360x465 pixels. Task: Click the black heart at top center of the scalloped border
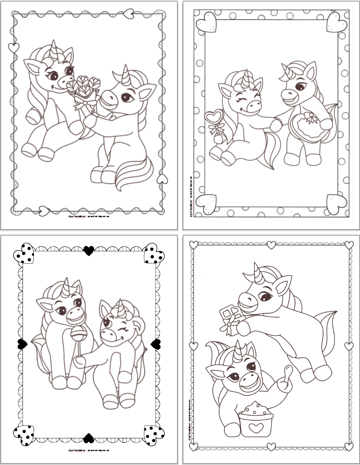pos(88,250)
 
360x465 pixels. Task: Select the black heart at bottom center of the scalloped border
pos(88,438)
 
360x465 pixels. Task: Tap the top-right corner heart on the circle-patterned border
pos(337,22)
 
